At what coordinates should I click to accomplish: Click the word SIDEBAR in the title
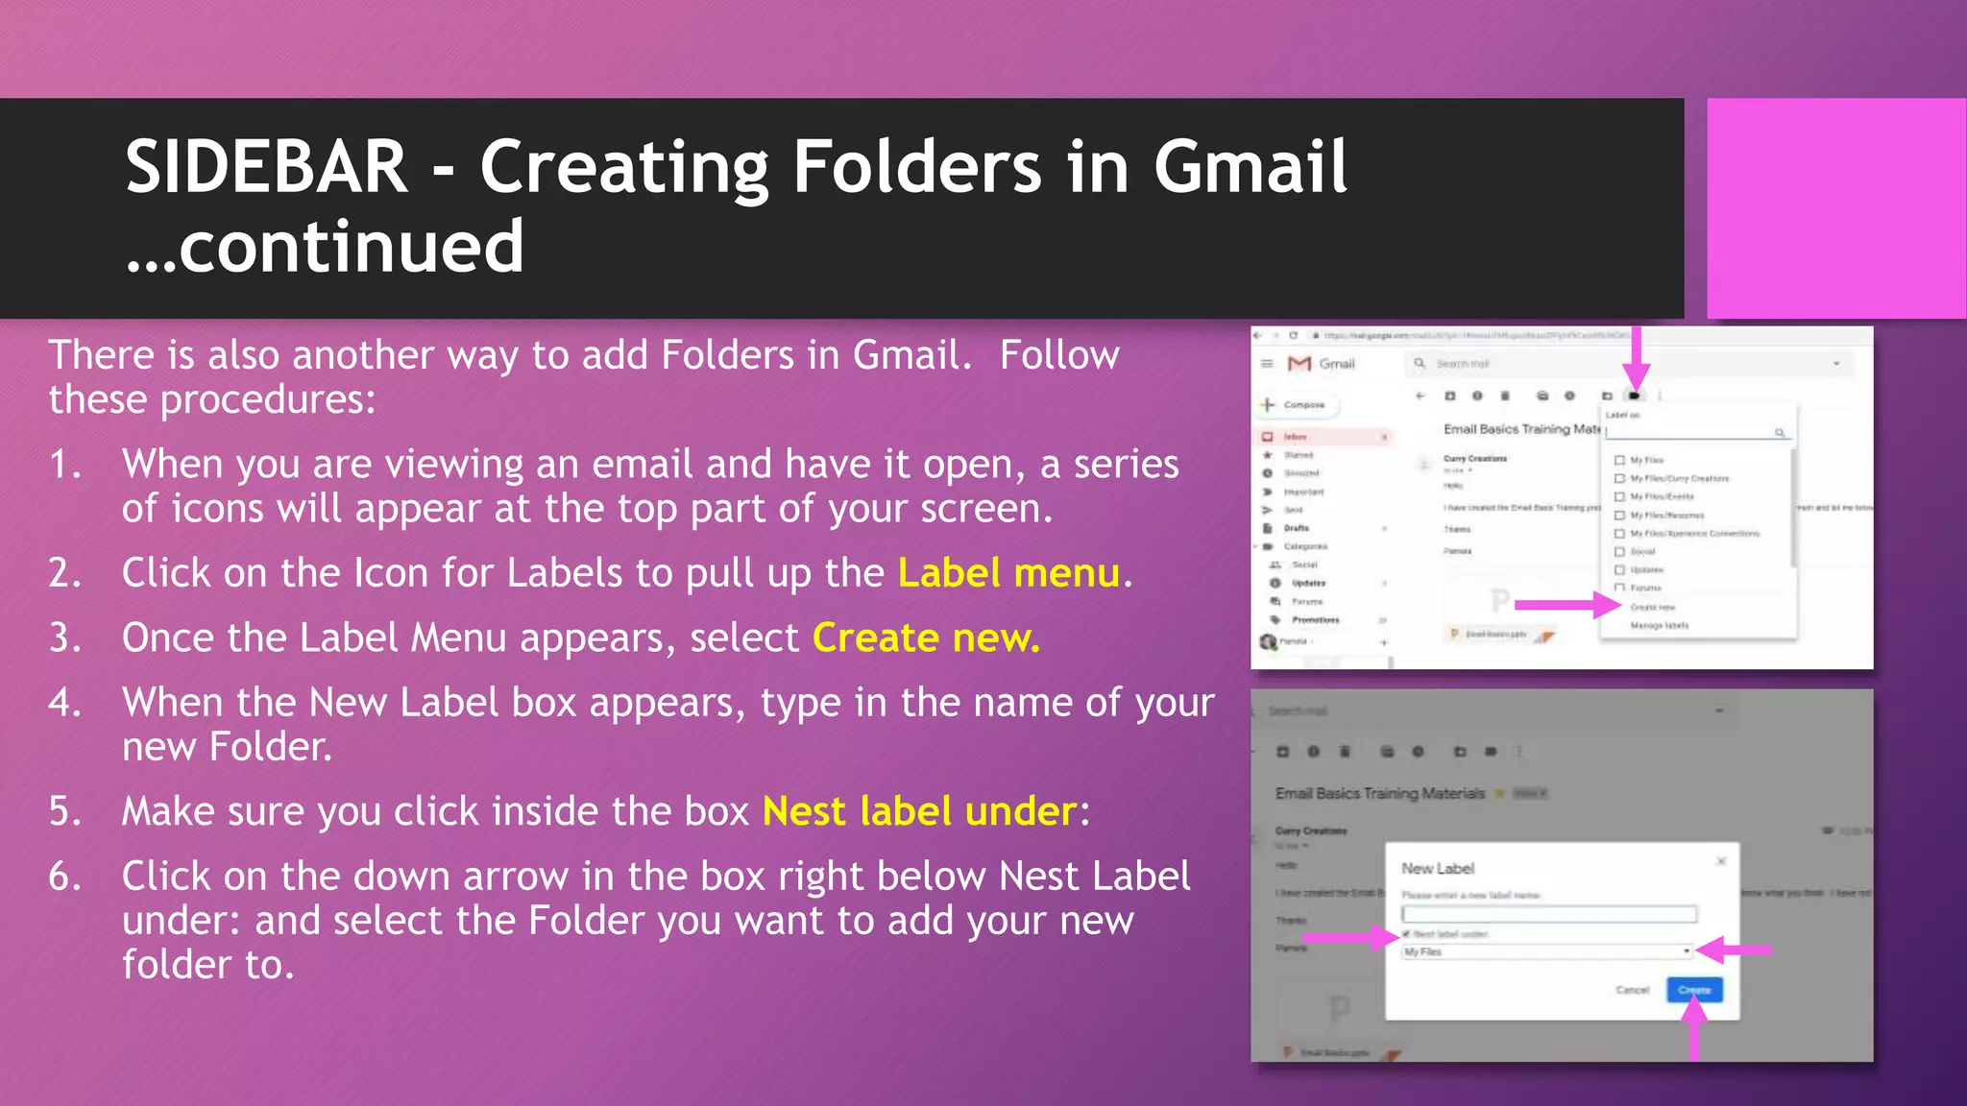click(266, 167)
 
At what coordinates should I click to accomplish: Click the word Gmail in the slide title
click(1250, 167)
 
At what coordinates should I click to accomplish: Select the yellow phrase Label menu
click(1008, 573)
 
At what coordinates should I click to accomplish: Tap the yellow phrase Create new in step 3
click(925, 638)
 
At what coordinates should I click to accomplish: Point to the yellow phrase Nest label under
click(919, 812)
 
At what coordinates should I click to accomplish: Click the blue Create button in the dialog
click(1694, 990)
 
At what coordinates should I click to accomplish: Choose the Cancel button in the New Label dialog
click(1632, 990)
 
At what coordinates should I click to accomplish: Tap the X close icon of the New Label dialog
click(1721, 861)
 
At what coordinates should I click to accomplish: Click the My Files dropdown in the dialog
click(1546, 951)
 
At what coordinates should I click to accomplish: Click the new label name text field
click(1548, 914)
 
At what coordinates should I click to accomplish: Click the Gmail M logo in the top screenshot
click(1299, 364)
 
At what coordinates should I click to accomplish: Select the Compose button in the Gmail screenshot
click(1298, 405)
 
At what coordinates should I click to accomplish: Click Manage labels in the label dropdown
click(1659, 626)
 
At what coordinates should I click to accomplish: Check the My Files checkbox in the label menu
click(1620, 461)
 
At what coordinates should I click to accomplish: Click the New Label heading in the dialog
click(1438, 869)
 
